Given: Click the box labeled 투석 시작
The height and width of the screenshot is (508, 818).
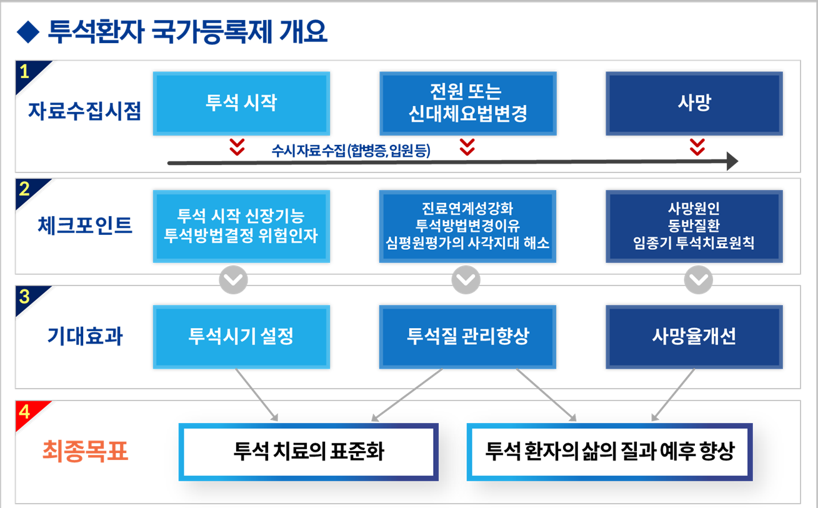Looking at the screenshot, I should click(241, 103).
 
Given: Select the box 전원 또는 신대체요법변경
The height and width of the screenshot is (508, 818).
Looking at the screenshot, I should click(467, 103).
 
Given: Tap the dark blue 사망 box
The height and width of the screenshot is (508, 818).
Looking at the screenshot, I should click(694, 103).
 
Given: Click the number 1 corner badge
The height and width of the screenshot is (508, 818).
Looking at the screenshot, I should click(25, 71).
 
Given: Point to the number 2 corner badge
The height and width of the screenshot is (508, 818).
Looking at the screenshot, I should click(25, 189).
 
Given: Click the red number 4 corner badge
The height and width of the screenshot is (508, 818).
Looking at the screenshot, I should click(25, 412).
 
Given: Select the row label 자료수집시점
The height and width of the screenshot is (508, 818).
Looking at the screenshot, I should click(84, 111).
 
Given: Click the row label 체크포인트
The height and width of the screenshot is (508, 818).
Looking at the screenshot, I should click(85, 226).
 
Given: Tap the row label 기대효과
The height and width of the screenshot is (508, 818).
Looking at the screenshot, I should click(85, 337).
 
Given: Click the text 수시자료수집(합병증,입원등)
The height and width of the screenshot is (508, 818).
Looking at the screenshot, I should click(351, 151).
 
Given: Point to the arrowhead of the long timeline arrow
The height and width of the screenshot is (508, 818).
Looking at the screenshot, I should click(732, 162).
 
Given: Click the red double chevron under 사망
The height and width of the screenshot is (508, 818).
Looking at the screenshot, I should click(697, 147).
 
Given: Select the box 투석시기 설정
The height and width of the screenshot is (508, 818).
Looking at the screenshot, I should click(241, 337).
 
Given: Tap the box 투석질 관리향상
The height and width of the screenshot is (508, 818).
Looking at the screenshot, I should click(467, 337).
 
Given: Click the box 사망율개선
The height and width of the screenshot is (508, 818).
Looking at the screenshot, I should click(694, 337).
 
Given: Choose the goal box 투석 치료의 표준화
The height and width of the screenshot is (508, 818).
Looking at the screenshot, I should click(309, 452).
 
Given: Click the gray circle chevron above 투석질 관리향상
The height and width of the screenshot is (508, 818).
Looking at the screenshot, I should click(466, 281).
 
